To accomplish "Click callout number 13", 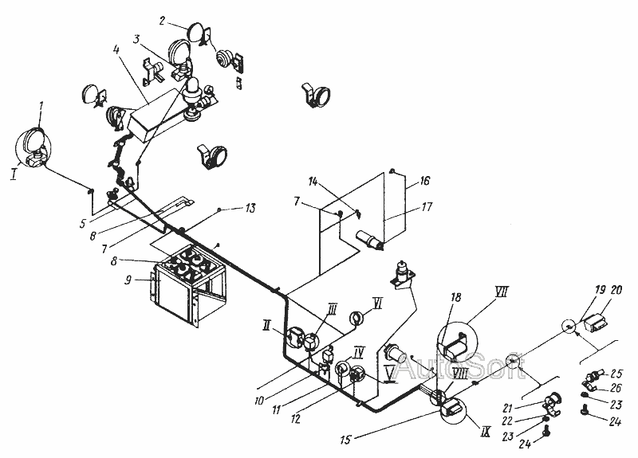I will pos(250,208).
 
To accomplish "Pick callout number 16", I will pos(425,180).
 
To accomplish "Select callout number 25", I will pos(616,373).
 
